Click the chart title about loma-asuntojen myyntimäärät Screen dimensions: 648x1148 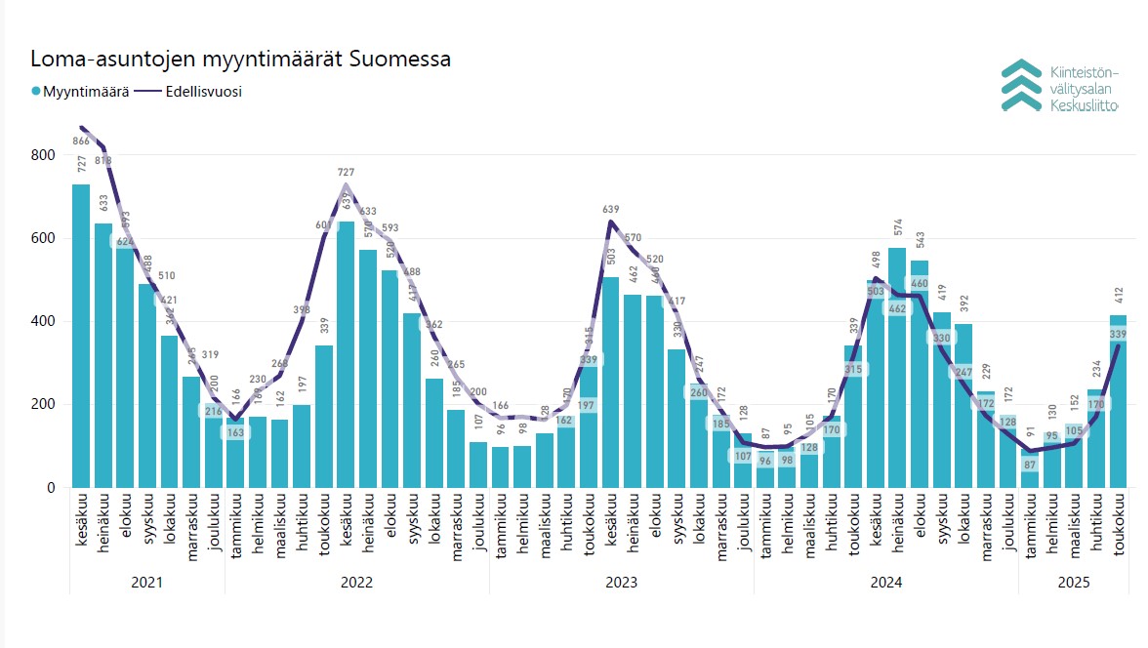click(240, 60)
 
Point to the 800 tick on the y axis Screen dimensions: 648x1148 click(42, 155)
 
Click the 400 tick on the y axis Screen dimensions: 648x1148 click(42, 322)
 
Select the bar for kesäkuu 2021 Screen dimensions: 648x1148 click(81, 337)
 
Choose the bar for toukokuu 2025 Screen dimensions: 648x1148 click(1118, 401)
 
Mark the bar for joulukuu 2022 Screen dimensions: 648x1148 click(478, 465)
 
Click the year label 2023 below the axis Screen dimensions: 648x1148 click(621, 583)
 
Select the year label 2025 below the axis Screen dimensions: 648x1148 click(1074, 583)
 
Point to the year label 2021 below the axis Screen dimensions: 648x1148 click(146, 583)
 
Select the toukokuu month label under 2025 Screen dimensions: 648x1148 click(1118, 528)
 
